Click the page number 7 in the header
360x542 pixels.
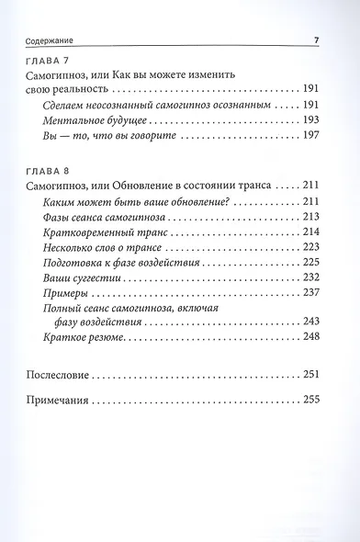tap(315, 40)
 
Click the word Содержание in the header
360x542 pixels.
tap(45, 40)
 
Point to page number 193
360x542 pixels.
tap(309, 121)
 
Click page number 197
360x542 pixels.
tap(309, 137)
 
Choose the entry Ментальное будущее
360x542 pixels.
tap(93, 121)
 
